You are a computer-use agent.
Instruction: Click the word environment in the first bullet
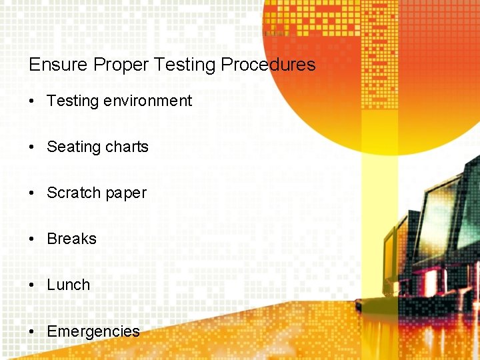tap(148, 101)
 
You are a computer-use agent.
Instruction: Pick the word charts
tap(127, 147)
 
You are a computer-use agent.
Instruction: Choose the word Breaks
tap(72, 239)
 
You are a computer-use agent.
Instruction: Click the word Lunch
tap(69, 285)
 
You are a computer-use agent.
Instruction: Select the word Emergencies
tap(93, 331)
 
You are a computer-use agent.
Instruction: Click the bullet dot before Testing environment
tap(32, 101)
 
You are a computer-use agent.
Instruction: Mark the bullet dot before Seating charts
tap(32, 147)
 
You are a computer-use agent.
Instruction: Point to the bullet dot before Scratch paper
tap(32, 193)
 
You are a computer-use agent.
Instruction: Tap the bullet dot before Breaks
tap(32, 239)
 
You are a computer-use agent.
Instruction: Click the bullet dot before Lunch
tap(32, 285)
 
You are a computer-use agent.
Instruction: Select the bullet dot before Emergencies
tap(32, 331)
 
